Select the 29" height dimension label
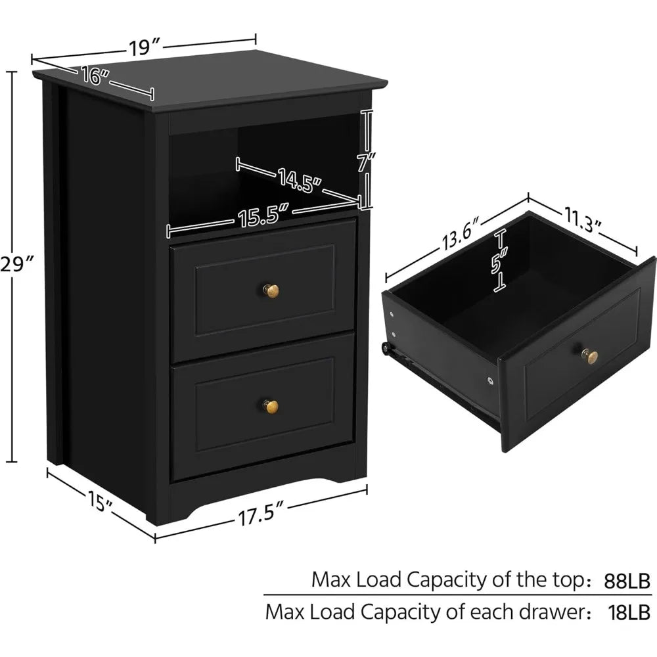18,265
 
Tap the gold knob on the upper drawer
272,290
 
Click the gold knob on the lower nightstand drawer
271,407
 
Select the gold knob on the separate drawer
591,357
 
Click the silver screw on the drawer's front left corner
490,380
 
